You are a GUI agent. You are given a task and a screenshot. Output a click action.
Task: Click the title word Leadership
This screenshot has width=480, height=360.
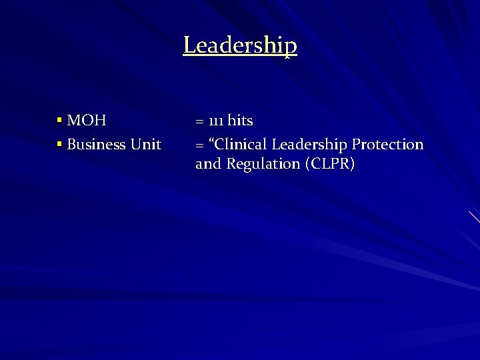pyautogui.click(x=240, y=45)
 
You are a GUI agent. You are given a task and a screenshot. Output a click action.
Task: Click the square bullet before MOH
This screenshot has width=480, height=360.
pyautogui.click(x=59, y=121)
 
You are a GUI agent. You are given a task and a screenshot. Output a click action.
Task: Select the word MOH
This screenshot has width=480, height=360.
pyautogui.click(x=87, y=121)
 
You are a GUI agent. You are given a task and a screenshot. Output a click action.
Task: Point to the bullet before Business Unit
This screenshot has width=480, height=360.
pyautogui.click(x=59, y=144)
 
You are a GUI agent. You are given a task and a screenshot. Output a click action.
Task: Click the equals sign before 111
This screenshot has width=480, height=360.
pyautogui.click(x=199, y=122)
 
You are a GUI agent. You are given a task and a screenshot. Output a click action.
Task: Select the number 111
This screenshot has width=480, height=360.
pyautogui.click(x=215, y=121)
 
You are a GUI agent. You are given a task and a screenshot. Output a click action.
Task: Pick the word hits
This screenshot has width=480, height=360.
pyautogui.click(x=241, y=121)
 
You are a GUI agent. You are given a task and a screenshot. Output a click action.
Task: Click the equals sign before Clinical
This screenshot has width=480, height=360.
pyautogui.click(x=199, y=145)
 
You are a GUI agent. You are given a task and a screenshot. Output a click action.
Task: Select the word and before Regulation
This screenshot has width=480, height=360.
pyautogui.click(x=208, y=164)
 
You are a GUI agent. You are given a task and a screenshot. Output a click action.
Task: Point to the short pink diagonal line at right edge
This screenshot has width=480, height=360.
pyautogui.click(x=474, y=217)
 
